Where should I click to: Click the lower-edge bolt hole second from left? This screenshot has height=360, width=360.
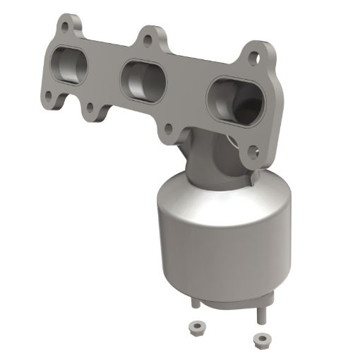[x=90, y=108]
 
